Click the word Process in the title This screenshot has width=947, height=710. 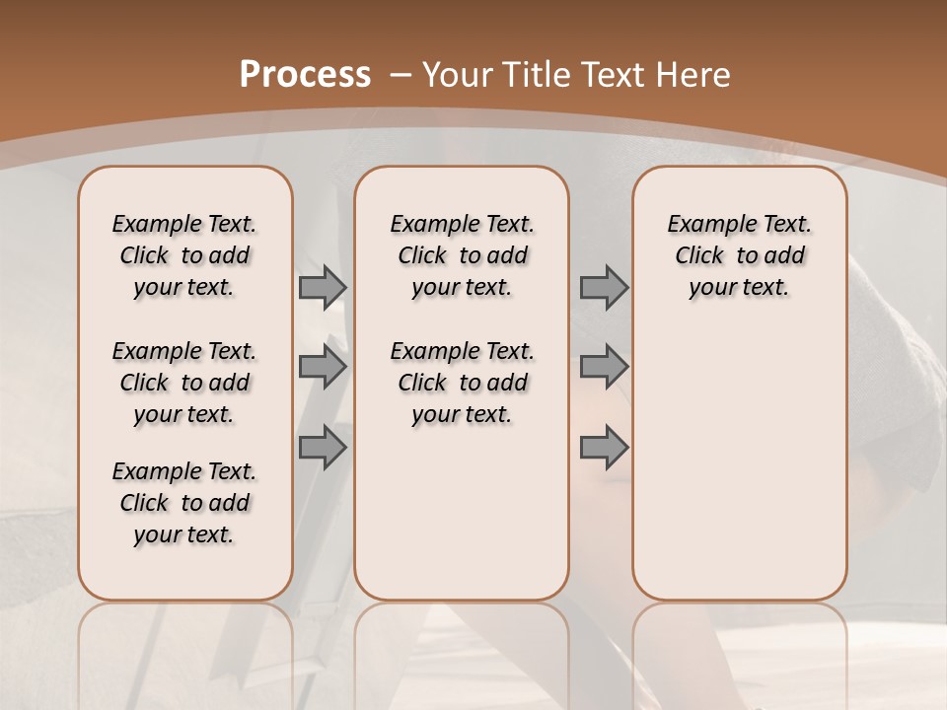pyautogui.click(x=305, y=74)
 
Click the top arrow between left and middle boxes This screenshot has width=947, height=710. pyautogui.click(x=323, y=288)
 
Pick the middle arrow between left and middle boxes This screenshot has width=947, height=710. pyautogui.click(x=323, y=368)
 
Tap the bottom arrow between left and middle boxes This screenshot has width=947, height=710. pyautogui.click(x=323, y=448)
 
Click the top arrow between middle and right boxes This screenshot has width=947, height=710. pyautogui.click(x=604, y=288)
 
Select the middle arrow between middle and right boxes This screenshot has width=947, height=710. pyautogui.click(x=604, y=368)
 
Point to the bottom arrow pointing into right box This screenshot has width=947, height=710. pyautogui.click(x=604, y=448)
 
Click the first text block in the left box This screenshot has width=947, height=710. pyautogui.click(x=184, y=255)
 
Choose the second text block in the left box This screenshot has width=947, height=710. pyautogui.click(x=184, y=383)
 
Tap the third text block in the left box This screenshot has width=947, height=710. pyautogui.click(x=184, y=503)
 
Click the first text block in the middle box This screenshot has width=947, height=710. pyautogui.click(x=462, y=255)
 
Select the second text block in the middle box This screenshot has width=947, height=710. pyautogui.click(x=462, y=383)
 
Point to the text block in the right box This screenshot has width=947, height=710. pyautogui.click(x=739, y=255)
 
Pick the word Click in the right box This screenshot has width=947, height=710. pyautogui.click(x=699, y=255)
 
